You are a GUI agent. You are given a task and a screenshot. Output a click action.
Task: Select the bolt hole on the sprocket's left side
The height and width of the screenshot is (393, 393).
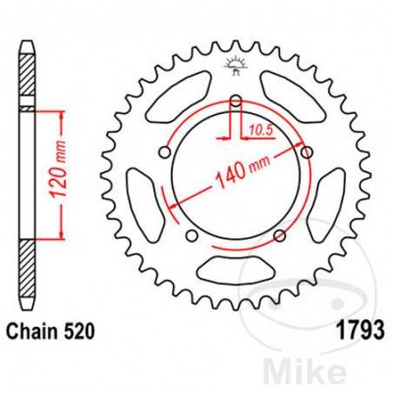(x=163, y=153)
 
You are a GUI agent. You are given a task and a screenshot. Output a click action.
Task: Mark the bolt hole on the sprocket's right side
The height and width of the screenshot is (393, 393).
(x=306, y=153)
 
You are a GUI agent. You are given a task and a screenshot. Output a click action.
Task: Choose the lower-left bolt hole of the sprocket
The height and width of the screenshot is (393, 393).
(x=190, y=236)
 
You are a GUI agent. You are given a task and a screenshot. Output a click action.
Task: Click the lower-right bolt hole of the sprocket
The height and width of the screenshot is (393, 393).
(x=279, y=236)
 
